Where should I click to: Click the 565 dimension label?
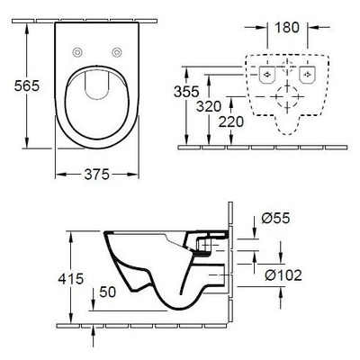pyautogui.click(x=16, y=85)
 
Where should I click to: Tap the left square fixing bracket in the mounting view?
pyautogui.click(x=266, y=75)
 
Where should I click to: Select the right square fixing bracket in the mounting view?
pyautogui.click(x=309, y=75)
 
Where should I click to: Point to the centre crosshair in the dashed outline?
pyautogui.click(x=288, y=93)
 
